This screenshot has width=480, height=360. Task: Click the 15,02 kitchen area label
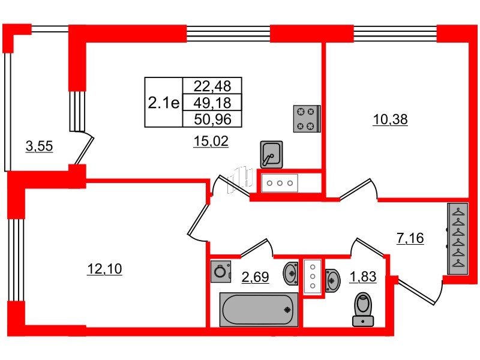[210, 142]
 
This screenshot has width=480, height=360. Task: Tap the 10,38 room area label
[390, 119]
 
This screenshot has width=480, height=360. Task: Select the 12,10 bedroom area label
[104, 269]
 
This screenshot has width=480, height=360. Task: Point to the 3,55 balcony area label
[39, 145]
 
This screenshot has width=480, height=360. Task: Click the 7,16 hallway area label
[410, 239]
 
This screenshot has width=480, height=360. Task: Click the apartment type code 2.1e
[163, 103]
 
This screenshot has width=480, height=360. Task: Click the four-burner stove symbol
[307, 118]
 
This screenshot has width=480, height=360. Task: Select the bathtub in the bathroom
[259, 310]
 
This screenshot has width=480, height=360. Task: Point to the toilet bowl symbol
[363, 308]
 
